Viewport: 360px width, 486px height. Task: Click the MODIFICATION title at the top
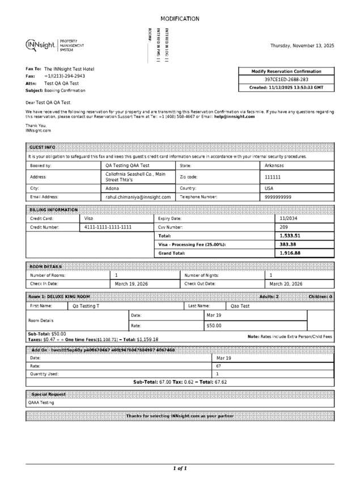(x=180, y=19)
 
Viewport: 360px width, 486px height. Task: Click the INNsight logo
(x=40, y=45)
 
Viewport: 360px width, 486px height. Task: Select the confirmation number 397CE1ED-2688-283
(x=286, y=79)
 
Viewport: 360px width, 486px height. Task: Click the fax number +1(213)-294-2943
(x=65, y=76)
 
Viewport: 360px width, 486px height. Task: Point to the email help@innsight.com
(x=234, y=116)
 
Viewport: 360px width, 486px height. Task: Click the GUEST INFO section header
(x=43, y=147)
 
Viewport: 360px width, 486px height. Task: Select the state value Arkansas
(x=274, y=166)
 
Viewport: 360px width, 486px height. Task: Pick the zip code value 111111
(x=273, y=177)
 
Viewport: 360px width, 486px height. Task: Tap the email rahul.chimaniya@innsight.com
(x=138, y=197)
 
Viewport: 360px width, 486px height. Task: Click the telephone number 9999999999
(x=278, y=197)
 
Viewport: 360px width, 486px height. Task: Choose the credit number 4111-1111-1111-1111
(x=108, y=227)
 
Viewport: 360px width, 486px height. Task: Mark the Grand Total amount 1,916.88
(x=290, y=253)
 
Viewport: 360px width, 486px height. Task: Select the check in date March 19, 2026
(x=132, y=284)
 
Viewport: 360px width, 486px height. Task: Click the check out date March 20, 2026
(x=286, y=284)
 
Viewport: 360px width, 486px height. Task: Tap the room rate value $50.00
(x=214, y=326)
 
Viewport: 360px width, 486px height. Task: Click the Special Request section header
(x=48, y=394)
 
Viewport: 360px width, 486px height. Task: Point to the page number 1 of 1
(x=180, y=468)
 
